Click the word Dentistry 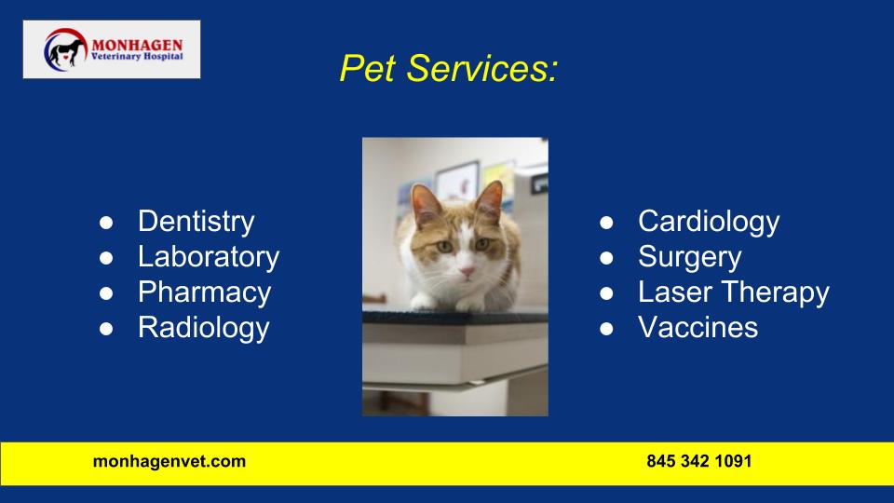pyautogui.click(x=196, y=222)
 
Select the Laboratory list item pyautogui.click(x=209, y=257)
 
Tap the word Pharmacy pyautogui.click(x=205, y=293)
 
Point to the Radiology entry pyautogui.click(x=204, y=329)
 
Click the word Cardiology pyautogui.click(x=709, y=222)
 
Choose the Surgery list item pyautogui.click(x=690, y=258)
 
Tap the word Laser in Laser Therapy pyautogui.click(x=675, y=292)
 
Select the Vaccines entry pyautogui.click(x=698, y=327)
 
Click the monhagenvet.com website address pyautogui.click(x=169, y=461)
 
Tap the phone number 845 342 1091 pyautogui.click(x=699, y=461)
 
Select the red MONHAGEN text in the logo pyautogui.click(x=137, y=45)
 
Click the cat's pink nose pyautogui.click(x=467, y=271)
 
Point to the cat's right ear pyautogui.click(x=489, y=200)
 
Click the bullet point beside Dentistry pyautogui.click(x=106, y=223)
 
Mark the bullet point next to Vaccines pyautogui.click(x=606, y=329)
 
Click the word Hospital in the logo pyautogui.click(x=163, y=57)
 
